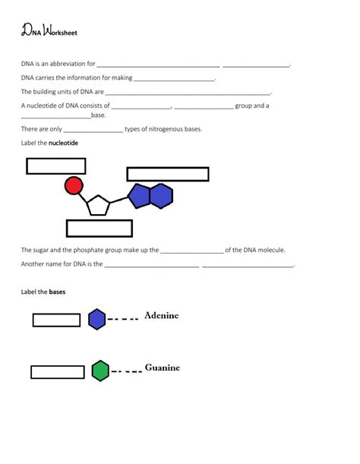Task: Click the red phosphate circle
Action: [74, 185]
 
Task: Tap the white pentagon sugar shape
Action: [98, 205]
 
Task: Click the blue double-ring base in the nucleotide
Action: [150, 196]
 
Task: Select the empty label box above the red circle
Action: [55, 166]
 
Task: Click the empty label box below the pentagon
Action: [99, 228]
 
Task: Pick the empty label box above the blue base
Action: [168, 174]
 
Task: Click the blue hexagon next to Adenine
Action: [96, 319]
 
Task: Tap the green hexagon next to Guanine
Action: [100, 371]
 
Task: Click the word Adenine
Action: [162, 316]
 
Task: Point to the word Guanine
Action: [163, 368]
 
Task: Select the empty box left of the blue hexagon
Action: [56, 320]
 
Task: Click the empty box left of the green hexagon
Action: [58, 372]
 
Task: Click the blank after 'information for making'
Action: [175, 79]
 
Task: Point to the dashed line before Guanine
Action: [125, 372]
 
